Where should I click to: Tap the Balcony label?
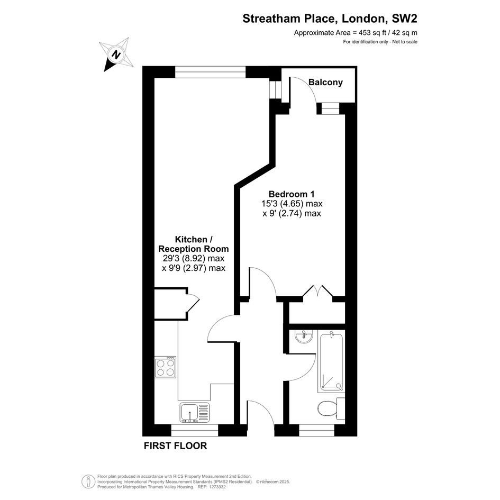(325, 82)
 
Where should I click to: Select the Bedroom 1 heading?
(292, 194)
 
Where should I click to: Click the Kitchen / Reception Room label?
(194, 244)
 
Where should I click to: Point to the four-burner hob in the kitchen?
(165, 367)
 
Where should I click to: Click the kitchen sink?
(195, 412)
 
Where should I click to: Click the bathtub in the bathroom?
(331, 361)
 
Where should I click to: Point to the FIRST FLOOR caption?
(175, 446)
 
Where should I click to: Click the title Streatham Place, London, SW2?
(330, 19)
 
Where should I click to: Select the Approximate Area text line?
(356, 32)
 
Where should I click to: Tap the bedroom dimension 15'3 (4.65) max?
(292, 204)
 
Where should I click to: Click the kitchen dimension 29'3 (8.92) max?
(194, 258)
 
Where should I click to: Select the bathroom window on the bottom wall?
(316, 430)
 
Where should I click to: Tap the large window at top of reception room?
(210, 72)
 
